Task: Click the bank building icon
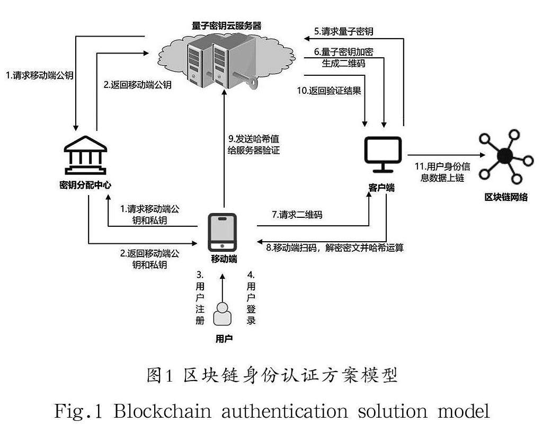point(85,156)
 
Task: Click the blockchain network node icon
point(503,155)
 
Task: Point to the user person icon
point(223,314)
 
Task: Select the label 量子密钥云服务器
point(227,25)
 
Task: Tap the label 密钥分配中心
point(85,185)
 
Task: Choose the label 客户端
point(381,188)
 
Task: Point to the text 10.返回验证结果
point(328,91)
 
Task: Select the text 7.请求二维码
point(297,215)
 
